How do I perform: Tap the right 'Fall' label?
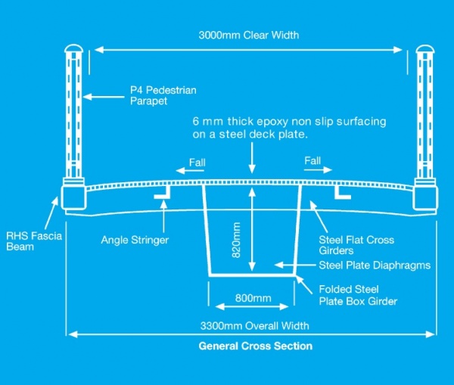313,161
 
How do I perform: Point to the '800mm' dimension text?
252,298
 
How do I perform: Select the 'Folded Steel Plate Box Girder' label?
358,296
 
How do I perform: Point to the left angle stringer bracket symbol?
162,195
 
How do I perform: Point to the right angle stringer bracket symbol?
343,195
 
